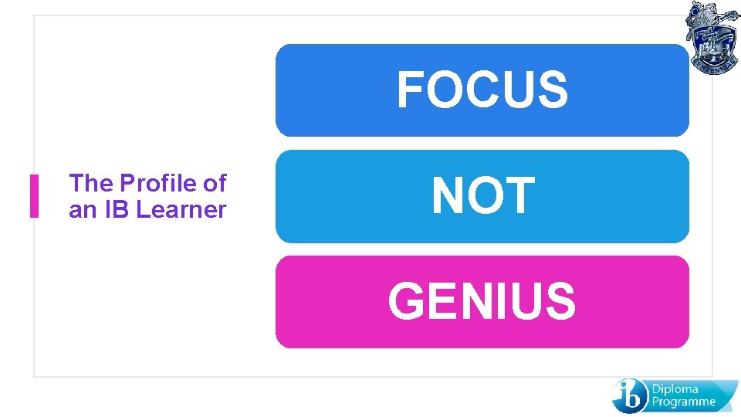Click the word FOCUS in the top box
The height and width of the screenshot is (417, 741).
(482, 90)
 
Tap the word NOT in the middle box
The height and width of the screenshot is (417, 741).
(482, 195)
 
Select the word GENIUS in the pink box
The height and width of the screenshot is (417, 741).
(482, 301)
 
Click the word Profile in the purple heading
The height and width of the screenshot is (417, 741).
(157, 184)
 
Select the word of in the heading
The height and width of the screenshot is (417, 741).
(214, 184)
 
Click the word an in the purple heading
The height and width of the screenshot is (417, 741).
(80, 210)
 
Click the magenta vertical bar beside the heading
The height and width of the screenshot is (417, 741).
(34, 196)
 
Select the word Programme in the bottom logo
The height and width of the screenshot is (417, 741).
(684, 402)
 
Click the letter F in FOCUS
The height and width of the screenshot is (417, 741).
(411, 90)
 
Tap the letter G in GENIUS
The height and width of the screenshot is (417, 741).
(408, 301)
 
